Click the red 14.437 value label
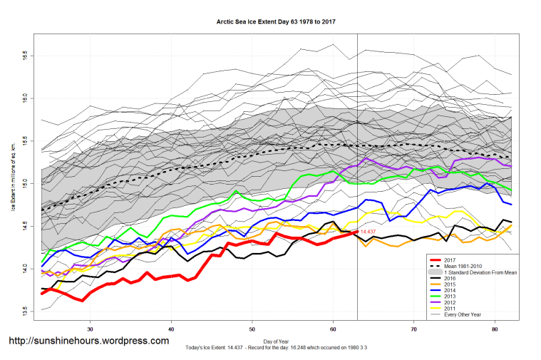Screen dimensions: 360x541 click(368, 232)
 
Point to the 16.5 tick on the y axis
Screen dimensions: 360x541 click(24, 54)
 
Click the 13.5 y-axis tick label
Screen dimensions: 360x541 click(24, 312)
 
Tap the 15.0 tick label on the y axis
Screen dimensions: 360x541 click(24, 183)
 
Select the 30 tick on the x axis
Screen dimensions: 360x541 click(90, 329)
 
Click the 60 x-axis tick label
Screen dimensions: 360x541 click(333, 329)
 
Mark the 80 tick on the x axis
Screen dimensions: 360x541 click(495, 329)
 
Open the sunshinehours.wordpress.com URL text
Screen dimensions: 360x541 click(88, 341)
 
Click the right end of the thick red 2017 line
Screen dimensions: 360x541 click(356, 232)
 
